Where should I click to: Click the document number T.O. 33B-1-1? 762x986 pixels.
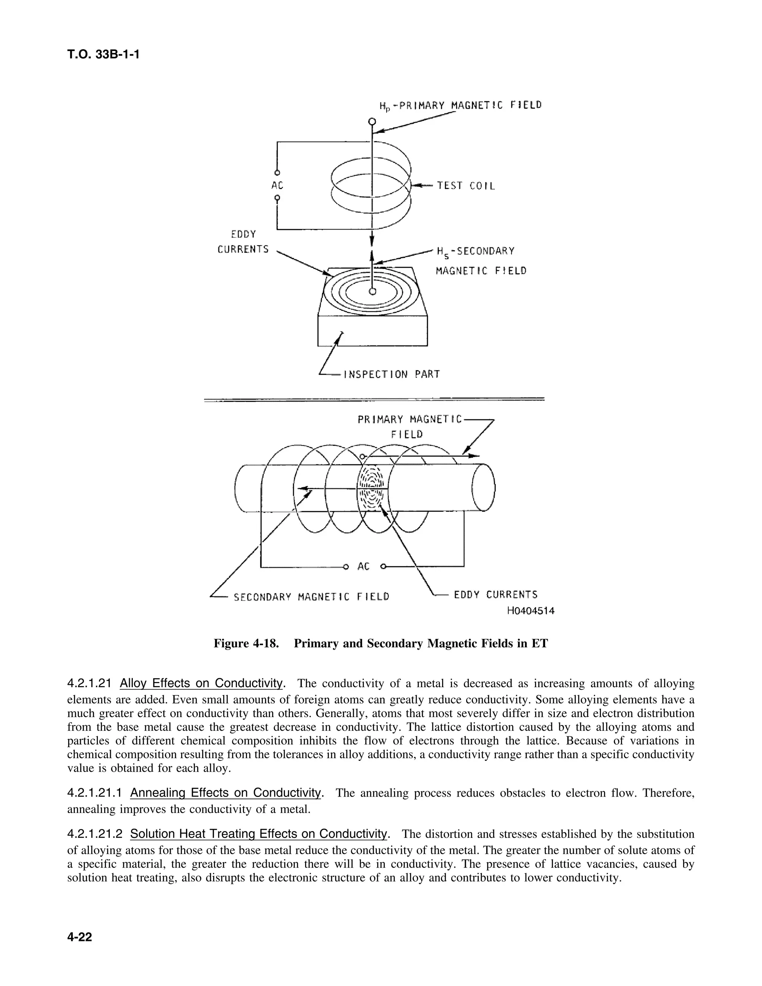[x=103, y=55]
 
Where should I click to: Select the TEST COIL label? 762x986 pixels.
[x=465, y=186]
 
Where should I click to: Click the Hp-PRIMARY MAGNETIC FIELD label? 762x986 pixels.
[x=460, y=106]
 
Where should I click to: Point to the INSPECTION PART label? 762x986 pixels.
[x=391, y=374]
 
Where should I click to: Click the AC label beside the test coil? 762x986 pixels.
[x=277, y=186]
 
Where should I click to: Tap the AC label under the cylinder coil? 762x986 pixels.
[x=364, y=566]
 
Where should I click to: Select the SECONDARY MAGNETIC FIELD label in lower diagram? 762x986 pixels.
[x=311, y=597]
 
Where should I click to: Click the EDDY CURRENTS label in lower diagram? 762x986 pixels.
[x=495, y=595]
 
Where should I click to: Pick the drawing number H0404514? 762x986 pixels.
[x=531, y=611]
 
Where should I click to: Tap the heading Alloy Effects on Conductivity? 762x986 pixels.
[x=201, y=683]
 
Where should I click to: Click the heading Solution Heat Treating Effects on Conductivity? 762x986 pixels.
[x=259, y=833]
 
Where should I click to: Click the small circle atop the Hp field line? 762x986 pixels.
[x=372, y=121]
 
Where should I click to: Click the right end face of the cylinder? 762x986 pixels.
[x=483, y=487]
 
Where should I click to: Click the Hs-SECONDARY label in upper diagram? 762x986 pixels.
[x=475, y=251]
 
